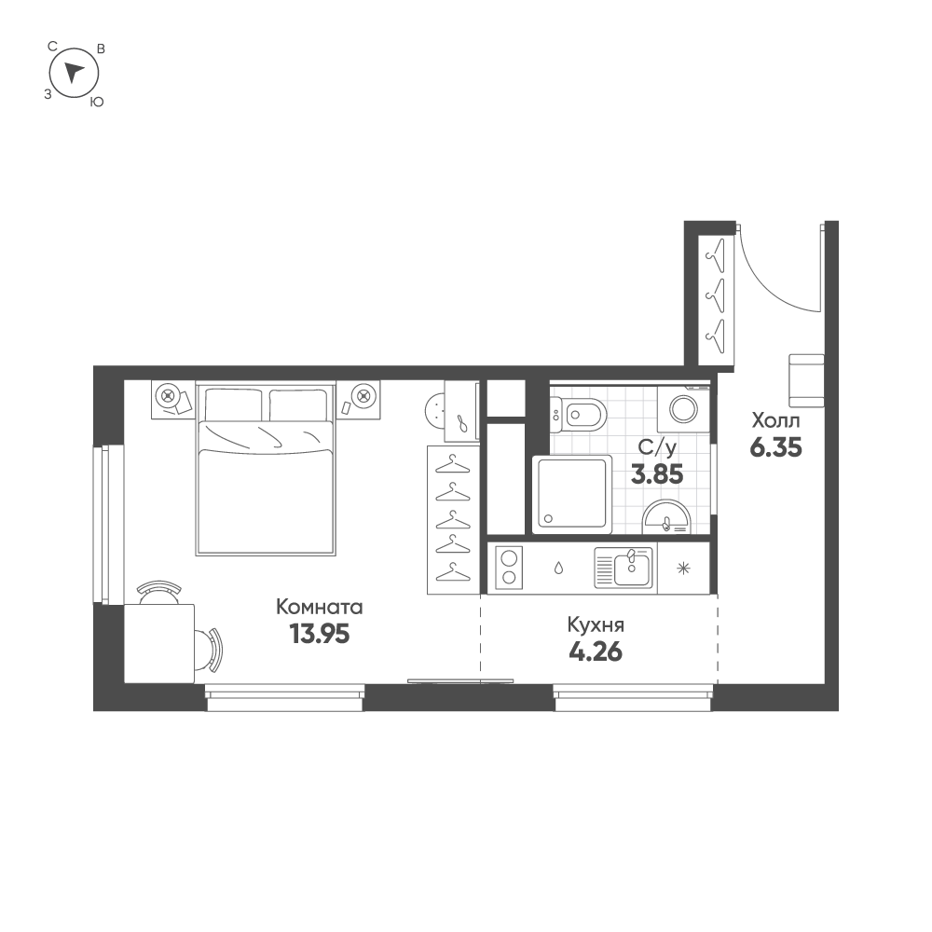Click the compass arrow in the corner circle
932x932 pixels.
point(75,72)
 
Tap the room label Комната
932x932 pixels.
point(320,608)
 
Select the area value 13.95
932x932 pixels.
point(320,635)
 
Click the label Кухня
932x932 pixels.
point(595,624)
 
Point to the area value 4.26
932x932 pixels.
point(595,650)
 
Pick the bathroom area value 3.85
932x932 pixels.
point(658,473)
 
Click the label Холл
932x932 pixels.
point(775,419)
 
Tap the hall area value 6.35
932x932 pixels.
point(776,446)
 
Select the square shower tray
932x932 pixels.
point(572,494)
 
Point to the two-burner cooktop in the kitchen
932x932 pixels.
point(509,567)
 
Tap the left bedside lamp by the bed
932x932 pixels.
point(168,395)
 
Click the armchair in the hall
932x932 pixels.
point(807,380)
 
